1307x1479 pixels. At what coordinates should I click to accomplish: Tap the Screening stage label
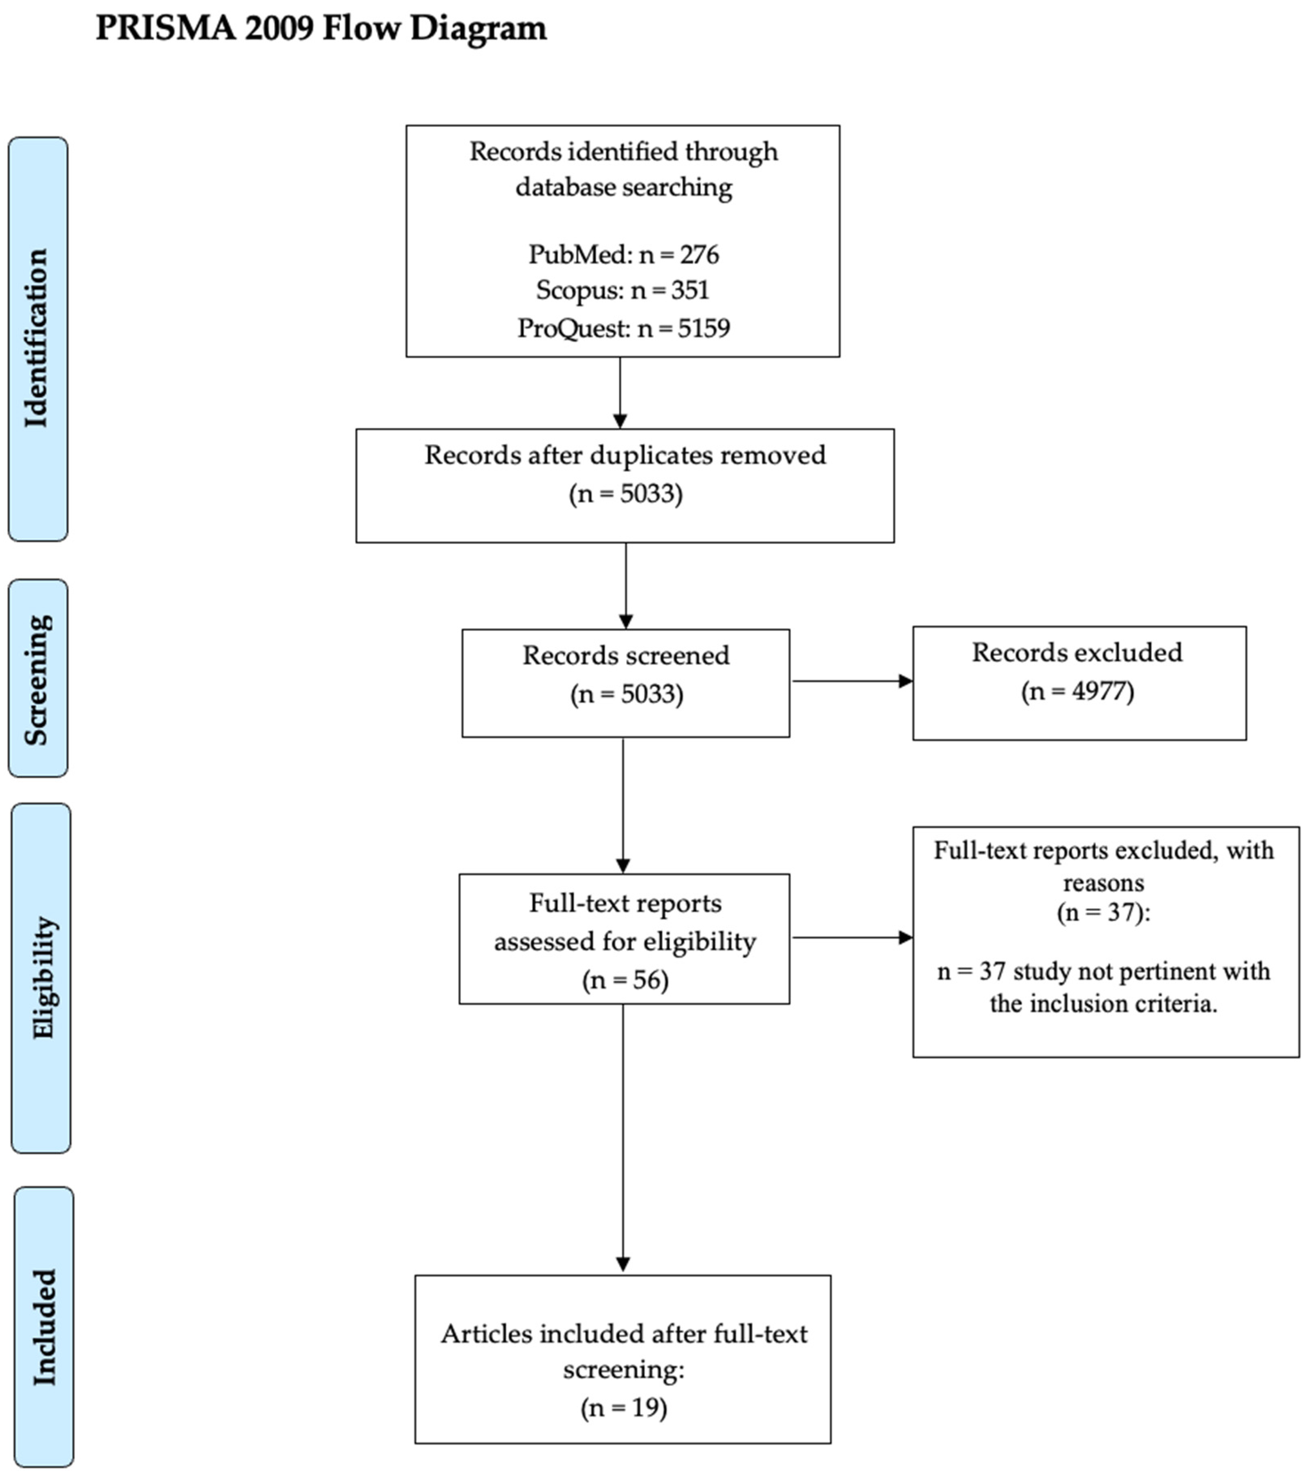click(x=38, y=679)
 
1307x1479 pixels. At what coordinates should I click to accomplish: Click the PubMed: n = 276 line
click(x=623, y=255)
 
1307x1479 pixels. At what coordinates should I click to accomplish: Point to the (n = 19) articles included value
click(x=623, y=1407)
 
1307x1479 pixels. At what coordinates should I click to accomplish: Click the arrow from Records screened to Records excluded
click(x=852, y=681)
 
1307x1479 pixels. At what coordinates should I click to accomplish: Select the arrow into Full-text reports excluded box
click(x=852, y=938)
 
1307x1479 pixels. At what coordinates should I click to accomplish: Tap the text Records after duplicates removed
click(x=625, y=455)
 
